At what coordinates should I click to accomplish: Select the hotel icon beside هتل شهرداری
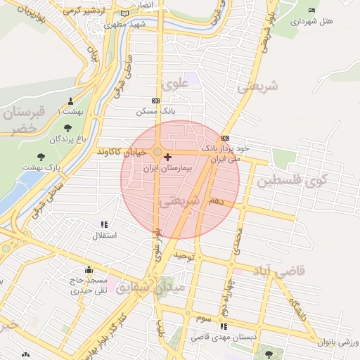point(311,10)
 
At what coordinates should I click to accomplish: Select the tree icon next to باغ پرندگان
point(67,128)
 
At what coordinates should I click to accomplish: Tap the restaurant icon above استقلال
point(105,224)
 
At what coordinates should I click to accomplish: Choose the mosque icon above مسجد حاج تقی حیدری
point(89,269)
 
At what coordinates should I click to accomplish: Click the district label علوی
point(176,84)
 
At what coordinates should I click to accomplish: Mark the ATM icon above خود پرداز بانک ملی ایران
point(225,139)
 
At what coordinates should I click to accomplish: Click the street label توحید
point(184,257)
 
